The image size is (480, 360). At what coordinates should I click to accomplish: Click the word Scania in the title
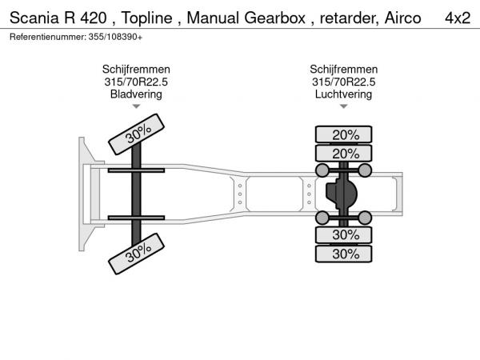point(34,18)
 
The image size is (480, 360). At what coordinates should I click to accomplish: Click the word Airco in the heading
point(402,18)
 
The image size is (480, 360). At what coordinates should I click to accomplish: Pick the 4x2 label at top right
point(457,18)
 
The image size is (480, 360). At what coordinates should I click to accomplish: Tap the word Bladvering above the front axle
point(136,94)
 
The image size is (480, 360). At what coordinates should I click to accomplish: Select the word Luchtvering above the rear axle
point(344,94)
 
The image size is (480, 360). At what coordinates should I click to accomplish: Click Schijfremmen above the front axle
point(136,70)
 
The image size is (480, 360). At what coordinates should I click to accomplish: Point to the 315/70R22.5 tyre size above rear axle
point(344,82)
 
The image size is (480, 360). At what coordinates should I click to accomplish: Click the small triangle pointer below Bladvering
point(136,106)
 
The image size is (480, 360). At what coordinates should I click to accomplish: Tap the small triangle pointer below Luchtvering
point(344,106)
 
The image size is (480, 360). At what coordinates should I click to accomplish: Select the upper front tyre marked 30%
point(137,133)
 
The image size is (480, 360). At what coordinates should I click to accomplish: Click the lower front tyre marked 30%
point(137,254)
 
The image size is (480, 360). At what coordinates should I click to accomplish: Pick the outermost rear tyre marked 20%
point(345,134)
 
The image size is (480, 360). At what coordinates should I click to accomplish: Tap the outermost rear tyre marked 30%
point(345,254)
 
